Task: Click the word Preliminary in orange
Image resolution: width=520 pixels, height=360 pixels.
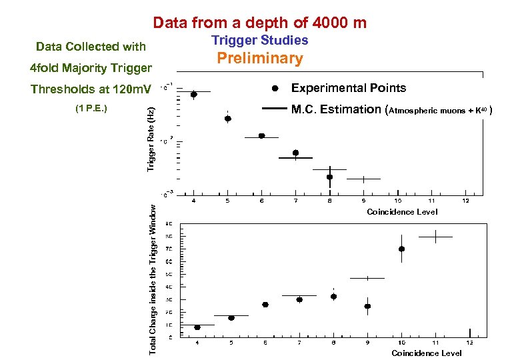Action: pos(261,59)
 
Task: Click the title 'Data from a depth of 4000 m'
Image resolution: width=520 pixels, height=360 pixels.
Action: pos(259,23)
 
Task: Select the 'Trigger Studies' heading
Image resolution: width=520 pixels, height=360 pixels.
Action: pos(260,41)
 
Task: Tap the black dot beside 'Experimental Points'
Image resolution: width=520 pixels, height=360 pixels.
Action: pos(275,88)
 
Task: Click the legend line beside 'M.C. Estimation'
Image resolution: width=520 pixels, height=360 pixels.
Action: pos(275,108)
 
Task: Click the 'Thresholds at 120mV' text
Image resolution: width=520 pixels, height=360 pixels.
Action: pos(91,89)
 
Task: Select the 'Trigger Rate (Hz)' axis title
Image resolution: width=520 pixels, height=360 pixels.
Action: pos(151,139)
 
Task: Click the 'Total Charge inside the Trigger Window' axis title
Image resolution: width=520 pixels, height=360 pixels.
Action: pos(153,279)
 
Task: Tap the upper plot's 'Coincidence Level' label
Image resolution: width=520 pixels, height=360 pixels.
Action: pos(402,212)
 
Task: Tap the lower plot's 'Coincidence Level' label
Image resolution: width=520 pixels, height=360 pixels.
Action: pos(426,353)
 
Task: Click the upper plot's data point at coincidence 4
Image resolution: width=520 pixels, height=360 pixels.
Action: pos(194,95)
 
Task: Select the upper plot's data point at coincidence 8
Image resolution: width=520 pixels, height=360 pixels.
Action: pos(329,177)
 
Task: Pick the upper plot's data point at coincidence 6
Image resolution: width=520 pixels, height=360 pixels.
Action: pos(261,136)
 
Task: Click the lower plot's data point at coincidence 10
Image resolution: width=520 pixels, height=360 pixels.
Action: pos(401,249)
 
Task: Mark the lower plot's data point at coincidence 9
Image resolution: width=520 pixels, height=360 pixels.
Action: pos(367,307)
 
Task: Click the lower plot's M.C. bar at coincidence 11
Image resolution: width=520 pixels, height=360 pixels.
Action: pos(435,237)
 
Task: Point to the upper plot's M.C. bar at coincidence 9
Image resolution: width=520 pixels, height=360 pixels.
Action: pos(363,179)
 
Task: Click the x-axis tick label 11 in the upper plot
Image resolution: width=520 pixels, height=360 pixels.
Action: pos(431,200)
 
